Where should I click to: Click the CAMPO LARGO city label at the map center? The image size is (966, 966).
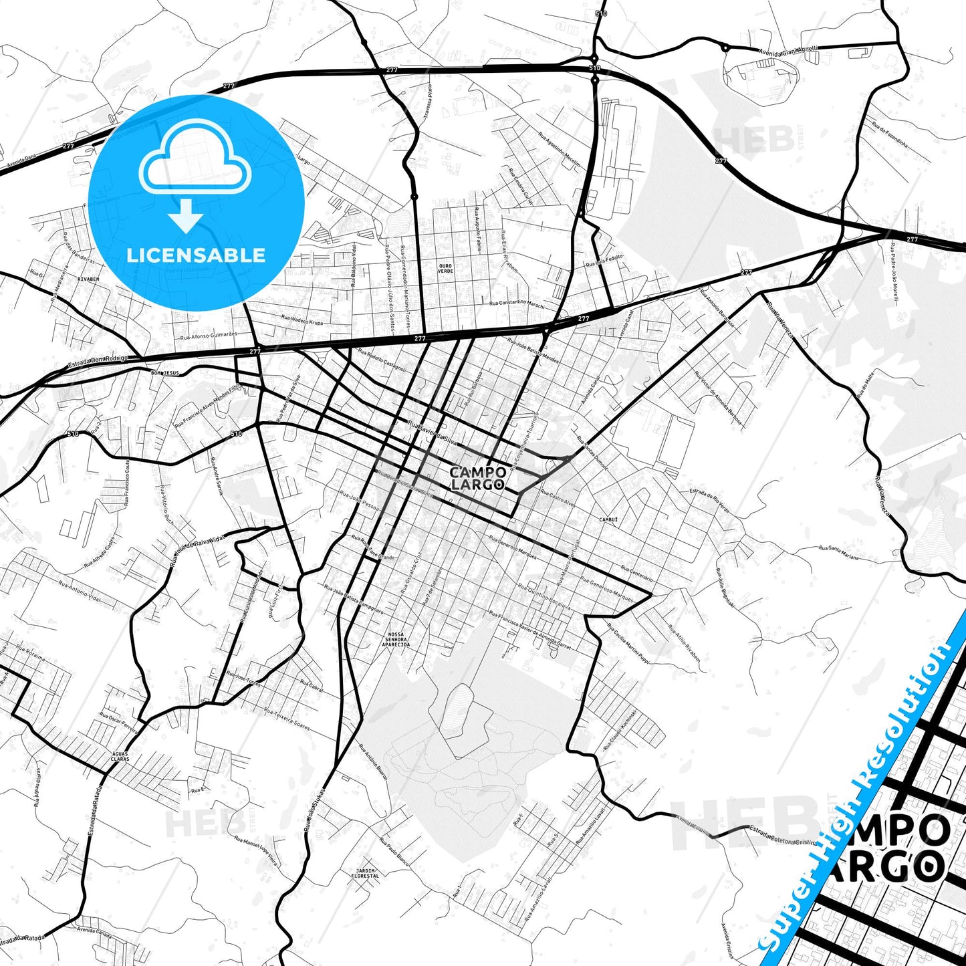click(x=477, y=478)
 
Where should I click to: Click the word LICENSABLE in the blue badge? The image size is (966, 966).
click(x=196, y=255)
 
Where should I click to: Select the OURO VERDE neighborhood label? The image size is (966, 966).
click(x=445, y=268)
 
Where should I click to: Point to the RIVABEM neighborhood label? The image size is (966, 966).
click(x=88, y=279)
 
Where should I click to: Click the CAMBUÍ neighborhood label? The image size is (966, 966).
click(x=608, y=519)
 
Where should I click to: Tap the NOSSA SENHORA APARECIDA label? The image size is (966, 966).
click(x=396, y=640)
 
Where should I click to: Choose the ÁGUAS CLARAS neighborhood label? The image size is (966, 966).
click(x=120, y=756)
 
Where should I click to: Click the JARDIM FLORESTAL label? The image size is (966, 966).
click(x=365, y=872)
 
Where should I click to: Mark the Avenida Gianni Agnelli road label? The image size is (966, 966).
click(x=788, y=50)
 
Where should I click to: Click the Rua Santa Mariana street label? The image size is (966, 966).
click(x=839, y=552)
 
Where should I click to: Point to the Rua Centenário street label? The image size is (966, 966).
click(x=636, y=572)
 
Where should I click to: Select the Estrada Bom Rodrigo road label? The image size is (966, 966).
click(x=98, y=362)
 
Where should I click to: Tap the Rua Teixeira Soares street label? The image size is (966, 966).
click(x=287, y=719)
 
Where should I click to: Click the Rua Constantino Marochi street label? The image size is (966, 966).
click(x=517, y=304)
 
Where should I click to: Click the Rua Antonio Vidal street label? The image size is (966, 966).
click(x=80, y=592)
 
